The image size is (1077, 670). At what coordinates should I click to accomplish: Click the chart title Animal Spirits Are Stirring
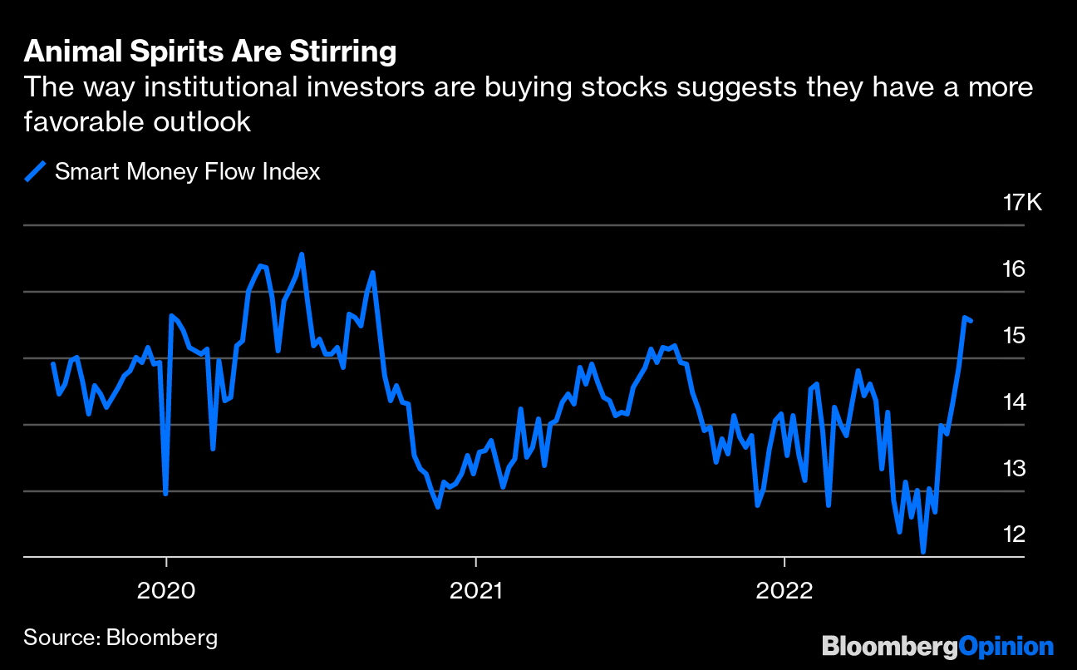pyautogui.click(x=209, y=52)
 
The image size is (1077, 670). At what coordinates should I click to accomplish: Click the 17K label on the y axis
pyautogui.click(x=1021, y=203)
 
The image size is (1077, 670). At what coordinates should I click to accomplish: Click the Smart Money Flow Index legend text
pyautogui.click(x=187, y=172)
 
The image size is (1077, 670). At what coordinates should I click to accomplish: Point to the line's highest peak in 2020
pyautogui.click(x=302, y=254)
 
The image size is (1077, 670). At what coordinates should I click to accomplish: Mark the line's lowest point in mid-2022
pyautogui.click(x=922, y=551)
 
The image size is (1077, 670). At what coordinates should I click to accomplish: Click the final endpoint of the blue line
pyautogui.click(x=971, y=321)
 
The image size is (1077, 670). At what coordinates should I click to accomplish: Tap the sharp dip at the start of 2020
pyautogui.click(x=165, y=494)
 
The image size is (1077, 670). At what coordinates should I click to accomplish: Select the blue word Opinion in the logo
pyautogui.click(x=1006, y=647)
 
